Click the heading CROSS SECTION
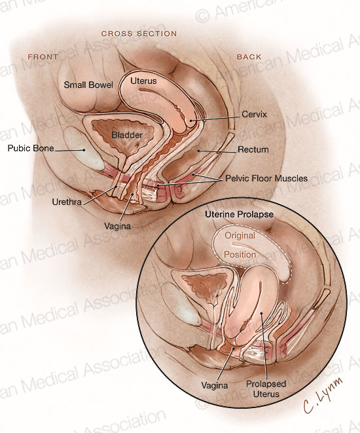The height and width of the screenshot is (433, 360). point(139,33)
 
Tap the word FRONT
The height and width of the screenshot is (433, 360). point(43,57)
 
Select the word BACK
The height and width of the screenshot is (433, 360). point(249,57)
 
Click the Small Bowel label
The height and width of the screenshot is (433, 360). point(88,85)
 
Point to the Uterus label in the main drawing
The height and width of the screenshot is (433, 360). point(143,81)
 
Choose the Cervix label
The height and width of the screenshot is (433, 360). point(254,114)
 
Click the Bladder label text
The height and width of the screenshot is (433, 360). point(127,135)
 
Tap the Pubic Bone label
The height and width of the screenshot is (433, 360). point(31,148)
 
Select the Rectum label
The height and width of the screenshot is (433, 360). point(253,149)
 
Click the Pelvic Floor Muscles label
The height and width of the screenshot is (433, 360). point(266,178)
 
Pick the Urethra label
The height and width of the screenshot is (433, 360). point(67,202)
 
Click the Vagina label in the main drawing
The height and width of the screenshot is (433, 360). point(118,226)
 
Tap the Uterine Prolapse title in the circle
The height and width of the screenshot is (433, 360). point(239,214)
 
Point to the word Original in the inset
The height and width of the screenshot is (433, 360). point(240,236)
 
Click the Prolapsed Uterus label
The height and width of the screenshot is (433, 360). point(266,388)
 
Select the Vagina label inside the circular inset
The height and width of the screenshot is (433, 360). point(215,385)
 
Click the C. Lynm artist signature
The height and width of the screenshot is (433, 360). point(323,395)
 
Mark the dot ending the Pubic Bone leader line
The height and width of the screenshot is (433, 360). point(84,150)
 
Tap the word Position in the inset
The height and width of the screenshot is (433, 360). point(240,254)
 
